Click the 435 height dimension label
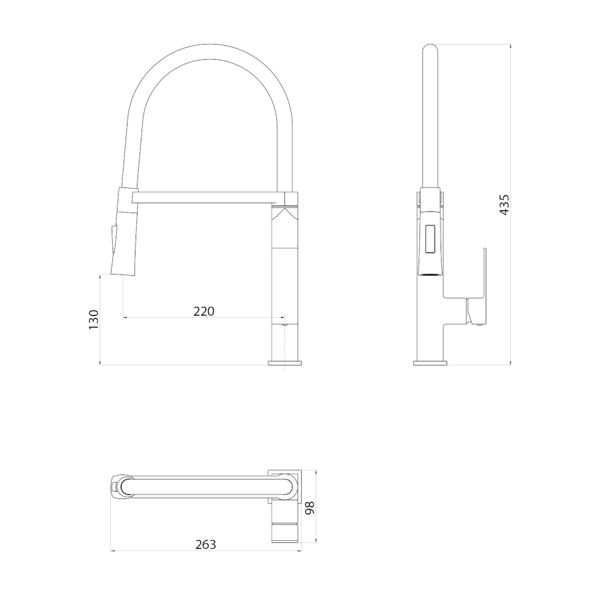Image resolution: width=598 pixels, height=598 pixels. click(504, 205)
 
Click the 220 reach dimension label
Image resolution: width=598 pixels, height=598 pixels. click(204, 312)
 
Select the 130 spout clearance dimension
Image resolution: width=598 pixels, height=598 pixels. click(94, 320)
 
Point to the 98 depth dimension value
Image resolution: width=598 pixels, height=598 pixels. click(310, 508)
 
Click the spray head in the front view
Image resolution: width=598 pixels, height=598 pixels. click(124, 231)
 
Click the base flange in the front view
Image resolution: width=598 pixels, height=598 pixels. click(285, 363)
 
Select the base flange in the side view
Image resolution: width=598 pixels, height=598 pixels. click(430, 363)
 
